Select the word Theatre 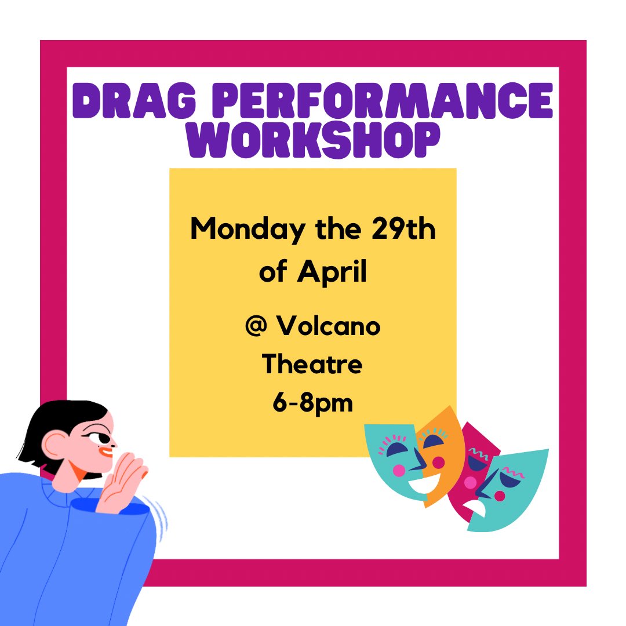[x=312, y=365]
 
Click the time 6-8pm [x=312, y=403]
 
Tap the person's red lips [x=106, y=453]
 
